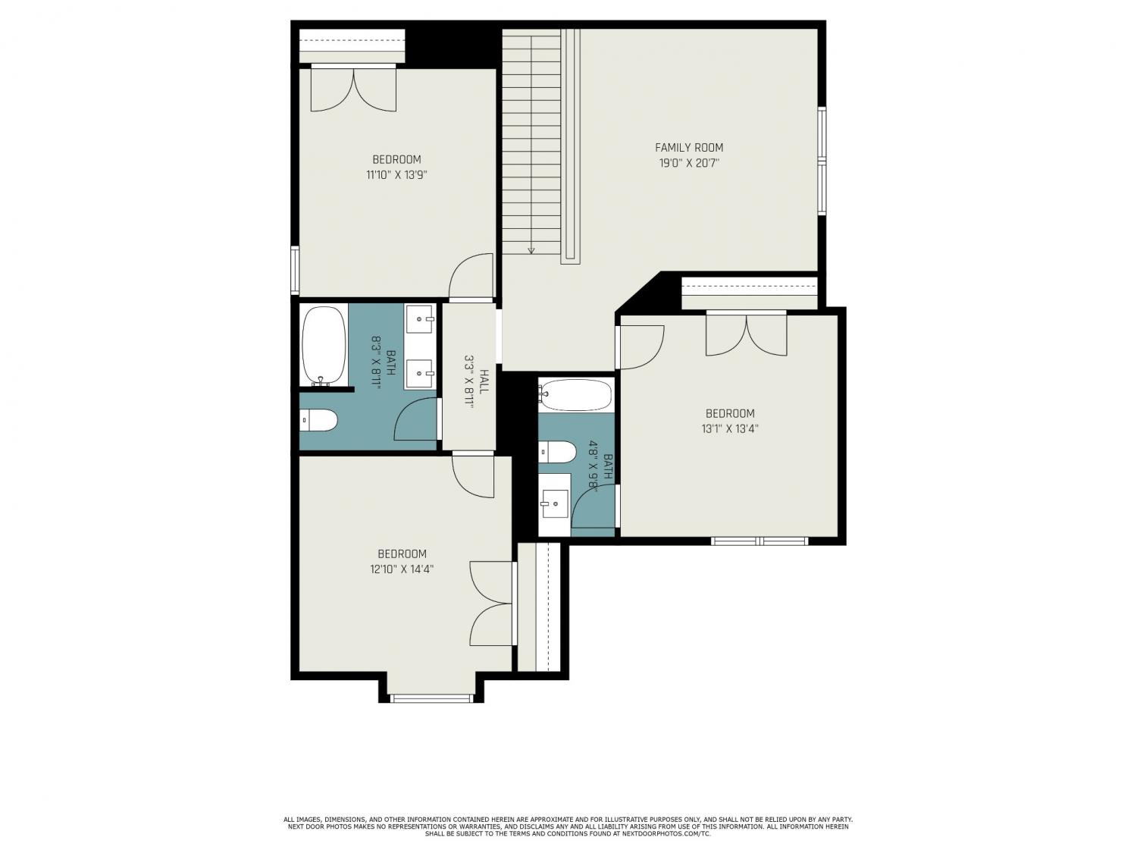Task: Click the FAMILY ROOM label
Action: pos(688,148)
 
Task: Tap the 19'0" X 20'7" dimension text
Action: pos(689,163)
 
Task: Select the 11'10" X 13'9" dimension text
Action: pos(396,175)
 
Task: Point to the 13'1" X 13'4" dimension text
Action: pos(730,429)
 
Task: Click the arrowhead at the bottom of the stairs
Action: pos(531,251)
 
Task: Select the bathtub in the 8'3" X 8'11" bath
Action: pos(324,345)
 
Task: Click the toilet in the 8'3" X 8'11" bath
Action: pos(318,420)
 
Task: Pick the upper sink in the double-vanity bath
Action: pos(420,319)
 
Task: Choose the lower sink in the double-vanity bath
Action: pos(420,373)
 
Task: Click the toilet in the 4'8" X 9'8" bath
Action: pos(557,452)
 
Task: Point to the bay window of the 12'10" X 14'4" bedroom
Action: pos(431,698)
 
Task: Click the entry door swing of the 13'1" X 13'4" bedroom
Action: pos(642,347)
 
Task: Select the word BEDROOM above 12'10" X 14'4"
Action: pos(402,554)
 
